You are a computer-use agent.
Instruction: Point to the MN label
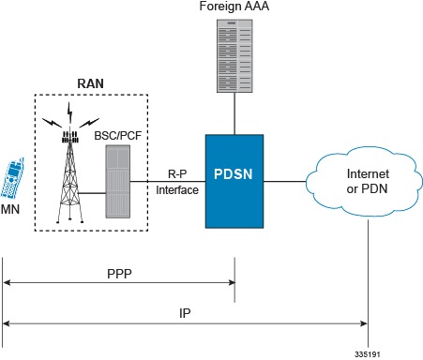click(12, 212)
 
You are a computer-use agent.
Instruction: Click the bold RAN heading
click(90, 82)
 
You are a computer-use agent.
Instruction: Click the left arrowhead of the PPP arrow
click(7, 280)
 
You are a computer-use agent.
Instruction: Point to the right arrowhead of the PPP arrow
click(231, 280)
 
